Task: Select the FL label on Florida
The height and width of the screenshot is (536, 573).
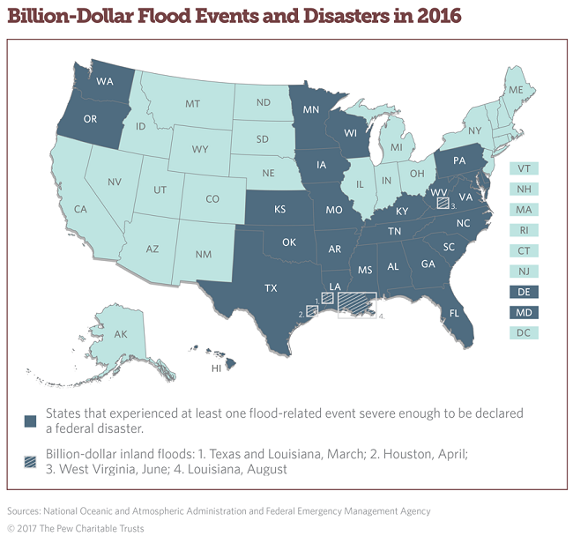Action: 455,312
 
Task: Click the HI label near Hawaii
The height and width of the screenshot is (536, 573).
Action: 214,368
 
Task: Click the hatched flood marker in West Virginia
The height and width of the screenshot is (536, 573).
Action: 443,202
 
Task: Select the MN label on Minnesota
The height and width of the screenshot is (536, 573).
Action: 310,112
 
